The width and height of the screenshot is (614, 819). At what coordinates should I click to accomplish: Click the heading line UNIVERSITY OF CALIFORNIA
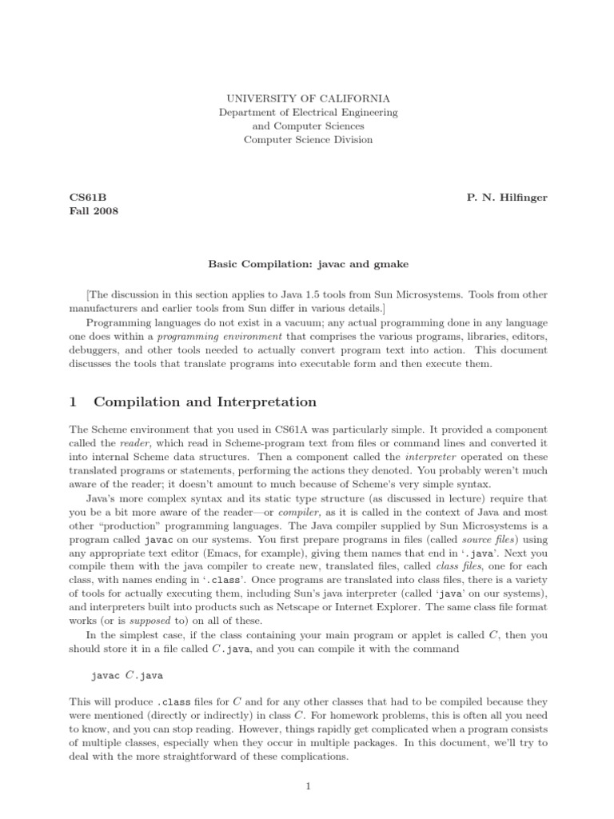(x=308, y=98)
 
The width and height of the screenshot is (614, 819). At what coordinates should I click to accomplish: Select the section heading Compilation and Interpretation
(x=205, y=402)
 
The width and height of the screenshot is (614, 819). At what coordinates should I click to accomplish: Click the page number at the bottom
(x=308, y=786)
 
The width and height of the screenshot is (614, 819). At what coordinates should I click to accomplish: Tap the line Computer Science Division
(x=308, y=140)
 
